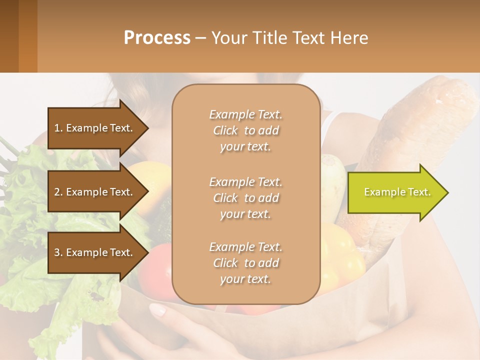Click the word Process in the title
coord(157,37)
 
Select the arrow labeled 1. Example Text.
coord(95,128)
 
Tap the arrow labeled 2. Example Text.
coord(95,192)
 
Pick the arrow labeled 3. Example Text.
coord(95,252)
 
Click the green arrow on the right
coord(395,192)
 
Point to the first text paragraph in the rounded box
coord(245,130)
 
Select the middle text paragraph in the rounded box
coord(245,198)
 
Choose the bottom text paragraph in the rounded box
coord(245,263)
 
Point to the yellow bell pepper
coord(345,255)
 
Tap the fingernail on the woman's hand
coord(157,310)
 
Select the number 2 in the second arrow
coord(57,192)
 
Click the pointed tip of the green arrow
coord(447,192)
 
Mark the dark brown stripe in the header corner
coord(9,36)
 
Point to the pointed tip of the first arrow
coord(147,128)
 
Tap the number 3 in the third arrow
coord(57,252)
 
